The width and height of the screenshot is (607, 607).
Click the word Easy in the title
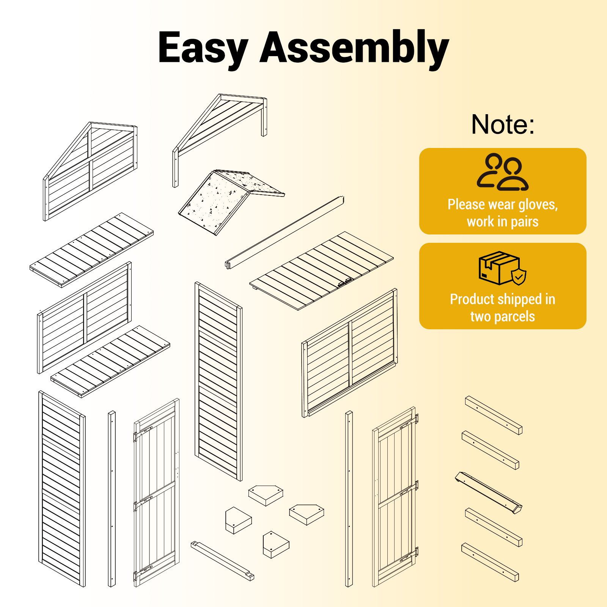click(203, 49)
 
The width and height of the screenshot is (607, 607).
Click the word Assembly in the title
click(354, 49)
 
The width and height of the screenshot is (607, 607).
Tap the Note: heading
click(503, 124)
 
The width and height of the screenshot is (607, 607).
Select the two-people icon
click(503, 171)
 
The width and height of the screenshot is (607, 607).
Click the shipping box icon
click(502, 268)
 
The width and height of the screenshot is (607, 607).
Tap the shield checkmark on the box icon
click(519, 277)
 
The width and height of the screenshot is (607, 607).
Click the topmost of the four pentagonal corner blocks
click(266, 495)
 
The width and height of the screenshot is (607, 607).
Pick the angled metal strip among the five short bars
click(489, 492)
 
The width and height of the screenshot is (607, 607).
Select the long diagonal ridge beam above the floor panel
click(285, 232)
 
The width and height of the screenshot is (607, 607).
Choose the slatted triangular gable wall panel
click(90, 171)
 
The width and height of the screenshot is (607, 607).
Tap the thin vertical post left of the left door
click(112, 498)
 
